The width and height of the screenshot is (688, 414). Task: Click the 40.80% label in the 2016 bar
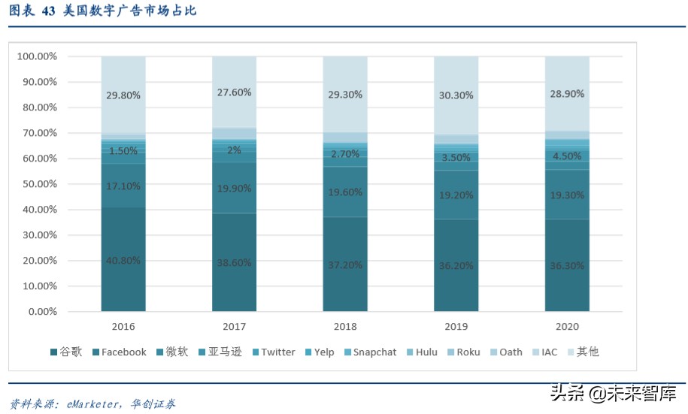click(x=123, y=260)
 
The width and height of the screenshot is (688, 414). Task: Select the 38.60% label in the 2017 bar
click(x=234, y=264)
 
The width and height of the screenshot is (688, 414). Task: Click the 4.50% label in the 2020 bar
click(x=567, y=156)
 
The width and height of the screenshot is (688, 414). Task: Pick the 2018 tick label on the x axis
click(x=345, y=327)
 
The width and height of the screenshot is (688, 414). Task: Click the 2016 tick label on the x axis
click(x=123, y=327)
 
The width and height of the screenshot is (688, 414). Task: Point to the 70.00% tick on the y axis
click(x=37, y=133)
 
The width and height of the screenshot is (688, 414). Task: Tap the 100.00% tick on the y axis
click(x=37, y=56)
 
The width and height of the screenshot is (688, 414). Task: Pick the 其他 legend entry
click(x=587, y=352)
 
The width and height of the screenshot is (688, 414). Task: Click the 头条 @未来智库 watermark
click(x=613, y=393)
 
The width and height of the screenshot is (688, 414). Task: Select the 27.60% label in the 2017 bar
click(x=234, y=92)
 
